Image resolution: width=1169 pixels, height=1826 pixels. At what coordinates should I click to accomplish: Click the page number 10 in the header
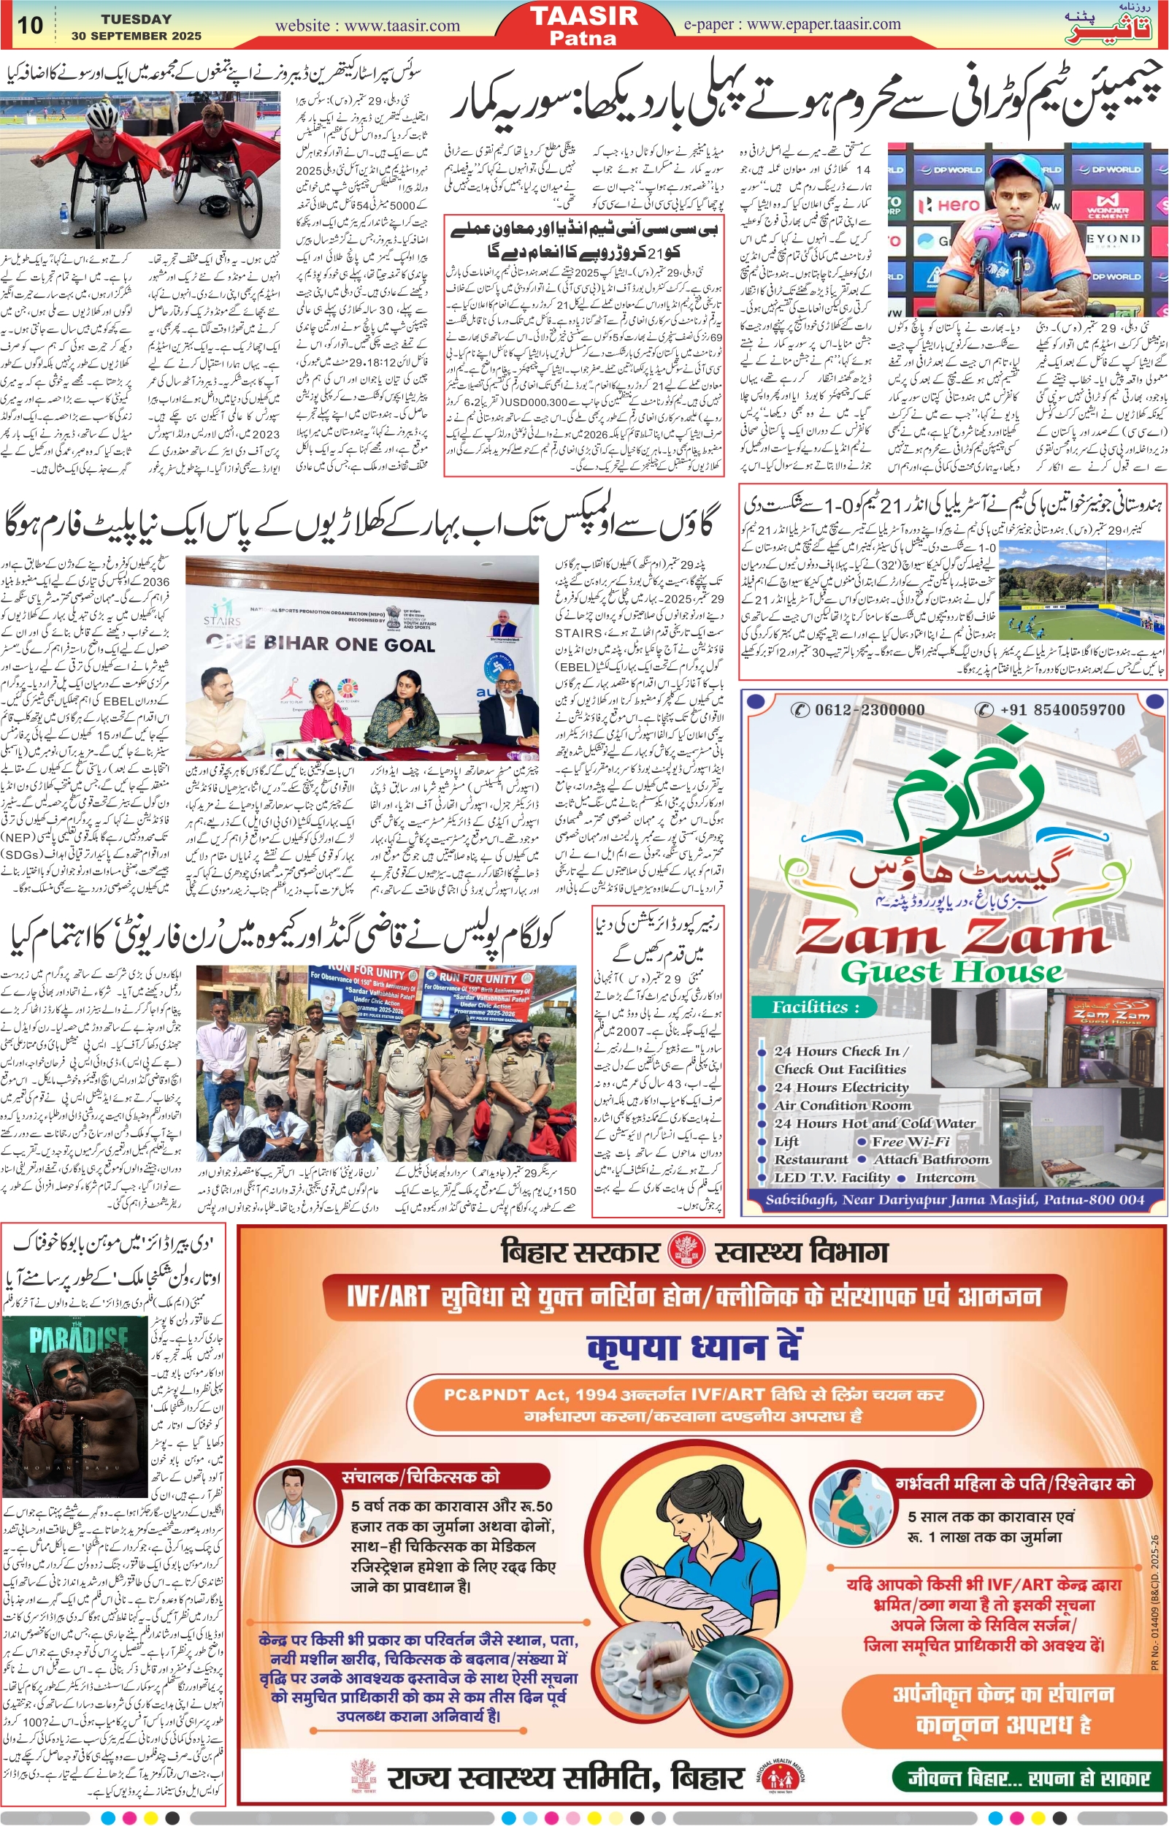click(x=30, y=24)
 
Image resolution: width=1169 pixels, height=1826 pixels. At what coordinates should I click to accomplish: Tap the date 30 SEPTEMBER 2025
click(x=137, y=36)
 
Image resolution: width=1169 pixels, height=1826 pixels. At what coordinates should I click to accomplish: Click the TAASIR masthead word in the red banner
click(x=583, y=16)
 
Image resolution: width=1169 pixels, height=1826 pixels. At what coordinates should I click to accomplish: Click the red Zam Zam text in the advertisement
click(x=953, y=937)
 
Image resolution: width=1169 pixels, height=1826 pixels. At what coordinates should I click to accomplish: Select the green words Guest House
click(x=952, y=973)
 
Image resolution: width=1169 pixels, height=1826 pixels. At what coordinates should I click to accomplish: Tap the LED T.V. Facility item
click(x=831, y=1177)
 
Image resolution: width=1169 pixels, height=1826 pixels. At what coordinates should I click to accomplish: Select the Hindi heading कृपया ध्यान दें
click(x=694, y=1348)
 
